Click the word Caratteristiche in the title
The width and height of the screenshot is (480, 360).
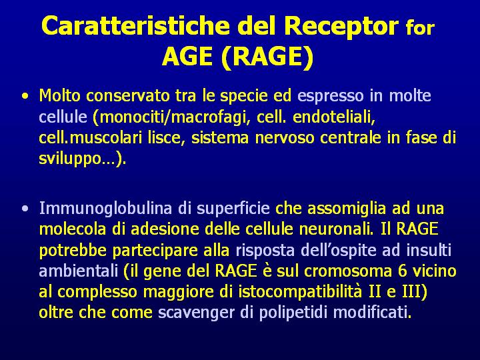click(135, 25)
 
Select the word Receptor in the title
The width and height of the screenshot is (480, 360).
click(341, 27)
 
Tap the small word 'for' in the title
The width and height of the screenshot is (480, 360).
click(420, 27)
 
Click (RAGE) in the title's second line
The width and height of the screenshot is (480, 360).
click(267, 57)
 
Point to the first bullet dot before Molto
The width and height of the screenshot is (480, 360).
click(25, 96)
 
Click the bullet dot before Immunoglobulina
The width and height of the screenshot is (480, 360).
click(25, 209)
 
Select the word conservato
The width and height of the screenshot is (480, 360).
click(127, 96)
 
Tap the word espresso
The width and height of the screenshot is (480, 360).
click(330, 97)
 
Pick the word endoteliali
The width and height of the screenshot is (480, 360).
click(334, 117)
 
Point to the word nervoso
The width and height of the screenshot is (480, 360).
click(285, 139)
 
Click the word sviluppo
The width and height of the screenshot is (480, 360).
click(70, 159)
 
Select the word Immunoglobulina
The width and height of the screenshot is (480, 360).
click(105, 209)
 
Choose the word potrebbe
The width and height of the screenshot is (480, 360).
click(73, 251)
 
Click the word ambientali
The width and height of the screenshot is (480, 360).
click(79, 271)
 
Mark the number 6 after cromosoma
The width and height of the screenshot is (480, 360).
click(402, 271)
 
